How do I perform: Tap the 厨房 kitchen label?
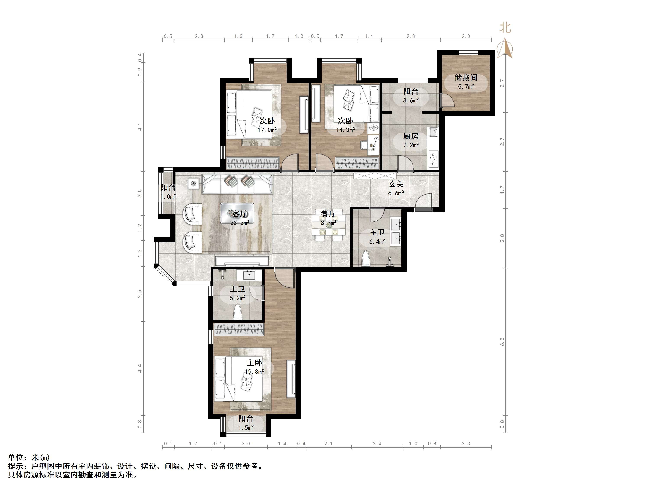pyautogui.click(x=410, y=136)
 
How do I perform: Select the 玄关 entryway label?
pyautogui.click(x=396, y=184)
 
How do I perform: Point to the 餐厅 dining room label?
pyautogui.click(x=328, y=214)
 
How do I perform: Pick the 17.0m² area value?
pyautogui.click(x=267, y=130)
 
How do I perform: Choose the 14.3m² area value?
pyautogui.click(x=346, y=130)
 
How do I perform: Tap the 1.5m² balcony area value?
pyautogui.click(x=246, y=428)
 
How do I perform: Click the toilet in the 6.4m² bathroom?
pyautogui.click(x=366, y=258)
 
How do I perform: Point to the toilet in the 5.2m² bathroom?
pyautogui.click(x=237, y=312)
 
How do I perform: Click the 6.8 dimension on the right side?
pyautogui.click(x=502, y=341)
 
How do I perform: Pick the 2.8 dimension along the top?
pyautogui.click(x=411, y=36)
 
